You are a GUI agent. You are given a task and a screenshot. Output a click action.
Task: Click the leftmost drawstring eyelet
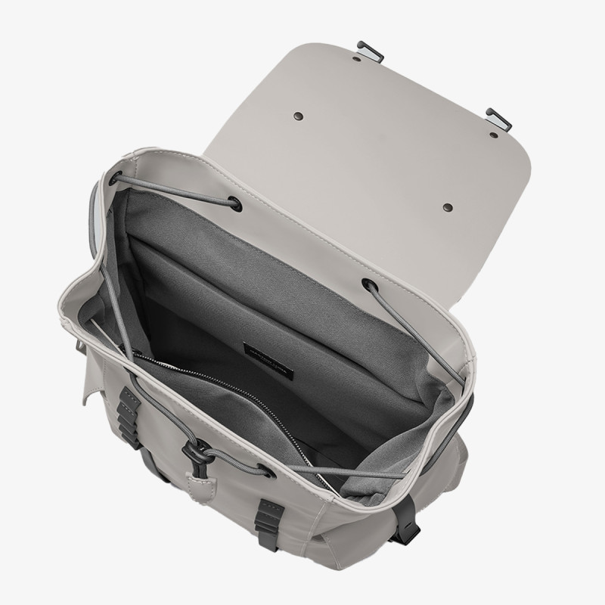pyautogui.click(x=115, y=179)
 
